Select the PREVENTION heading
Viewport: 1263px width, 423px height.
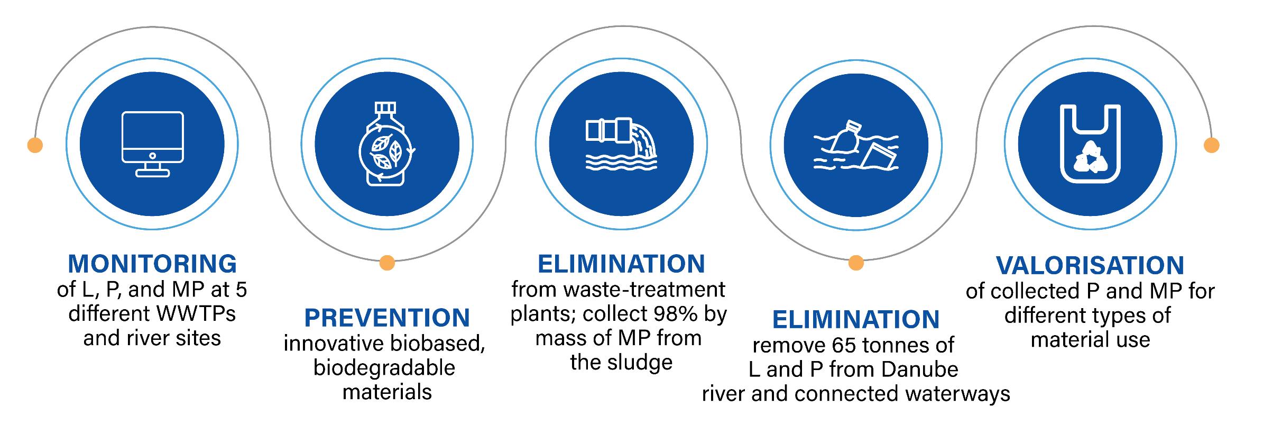(387, 318)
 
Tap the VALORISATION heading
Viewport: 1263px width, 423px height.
(1090, 266)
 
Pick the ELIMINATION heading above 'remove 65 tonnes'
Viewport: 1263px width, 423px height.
(856, 320)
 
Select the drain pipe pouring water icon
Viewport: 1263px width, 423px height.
(621, 144)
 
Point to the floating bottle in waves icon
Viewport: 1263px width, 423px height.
(855, 145)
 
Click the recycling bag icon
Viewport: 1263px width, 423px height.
(1090, 144)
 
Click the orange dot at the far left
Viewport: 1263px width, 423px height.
(35, 145)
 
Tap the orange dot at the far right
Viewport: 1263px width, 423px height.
(1211, 145)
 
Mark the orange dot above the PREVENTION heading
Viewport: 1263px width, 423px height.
(387, 263)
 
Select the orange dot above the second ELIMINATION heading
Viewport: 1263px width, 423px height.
(856, 263)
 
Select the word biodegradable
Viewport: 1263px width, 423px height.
(384, 368)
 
